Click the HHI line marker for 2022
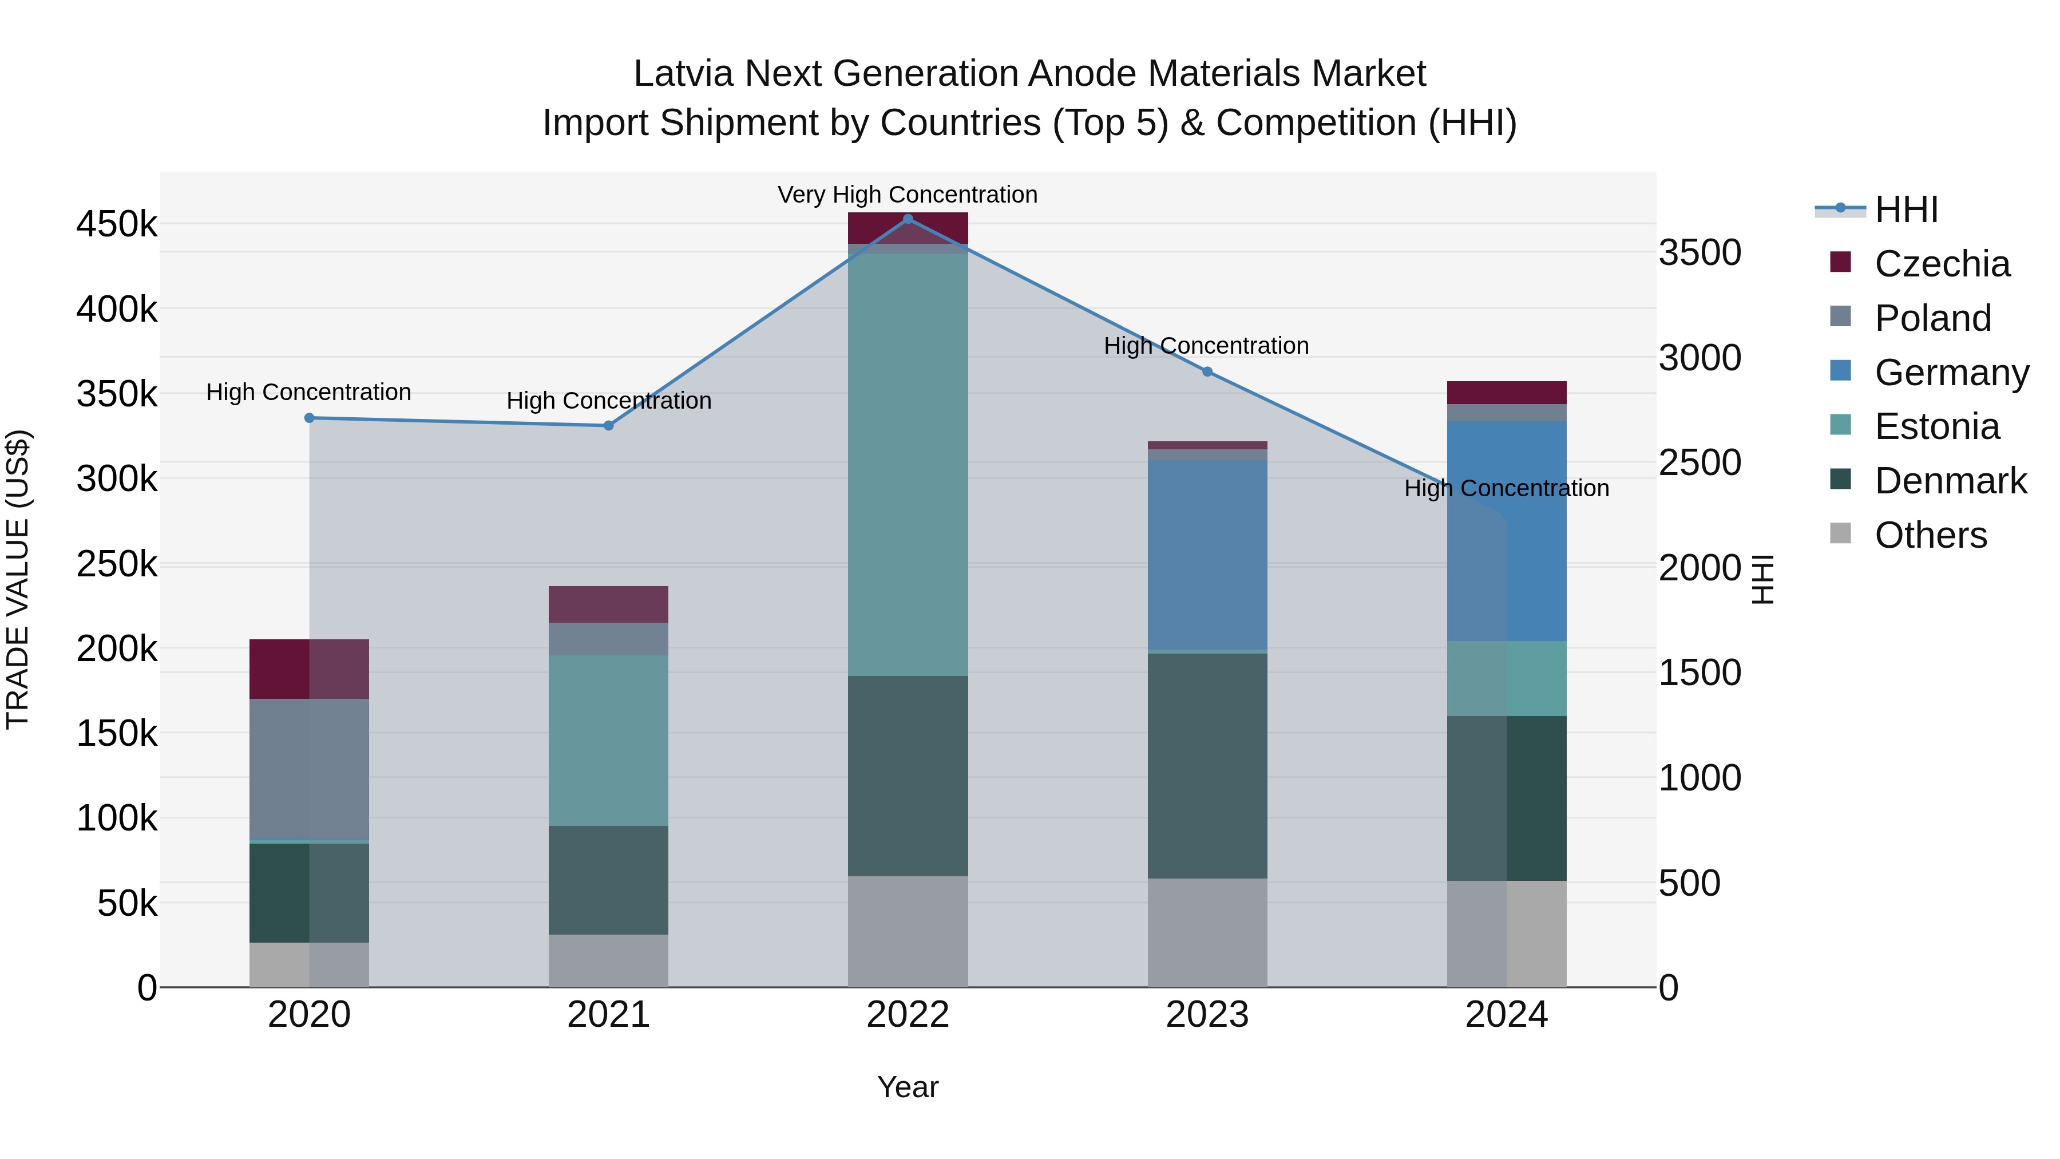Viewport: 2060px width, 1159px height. coord(908,219)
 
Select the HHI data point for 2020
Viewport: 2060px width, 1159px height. coord(310,418)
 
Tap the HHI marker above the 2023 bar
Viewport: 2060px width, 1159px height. coord(1207,371)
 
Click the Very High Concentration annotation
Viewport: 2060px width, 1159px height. coord(908,195)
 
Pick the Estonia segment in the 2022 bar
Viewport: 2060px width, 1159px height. coord(908,464)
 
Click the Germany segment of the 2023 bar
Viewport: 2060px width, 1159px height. coord(1207,554)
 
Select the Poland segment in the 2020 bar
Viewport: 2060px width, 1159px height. coord(310,768)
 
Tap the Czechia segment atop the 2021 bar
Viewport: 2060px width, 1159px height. coord(609,604)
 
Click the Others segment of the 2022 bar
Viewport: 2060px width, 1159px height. coord(908,931)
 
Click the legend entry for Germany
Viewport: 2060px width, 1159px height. coord(1951,373)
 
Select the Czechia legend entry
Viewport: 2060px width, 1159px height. coord(1942,264)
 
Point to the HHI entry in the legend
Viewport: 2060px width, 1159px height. coord(1905,209)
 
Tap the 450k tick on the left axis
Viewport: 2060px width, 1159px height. coord(117,224)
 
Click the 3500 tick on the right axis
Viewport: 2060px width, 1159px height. coord(1700,253)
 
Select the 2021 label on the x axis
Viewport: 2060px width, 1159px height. coord(609,1014)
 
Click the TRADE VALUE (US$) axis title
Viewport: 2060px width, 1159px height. coord(18,579)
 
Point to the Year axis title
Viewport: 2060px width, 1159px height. coord(908,1087)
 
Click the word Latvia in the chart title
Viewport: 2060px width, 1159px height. coord(682,74)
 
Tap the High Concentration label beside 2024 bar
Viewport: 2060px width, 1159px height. coord(1507,488)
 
